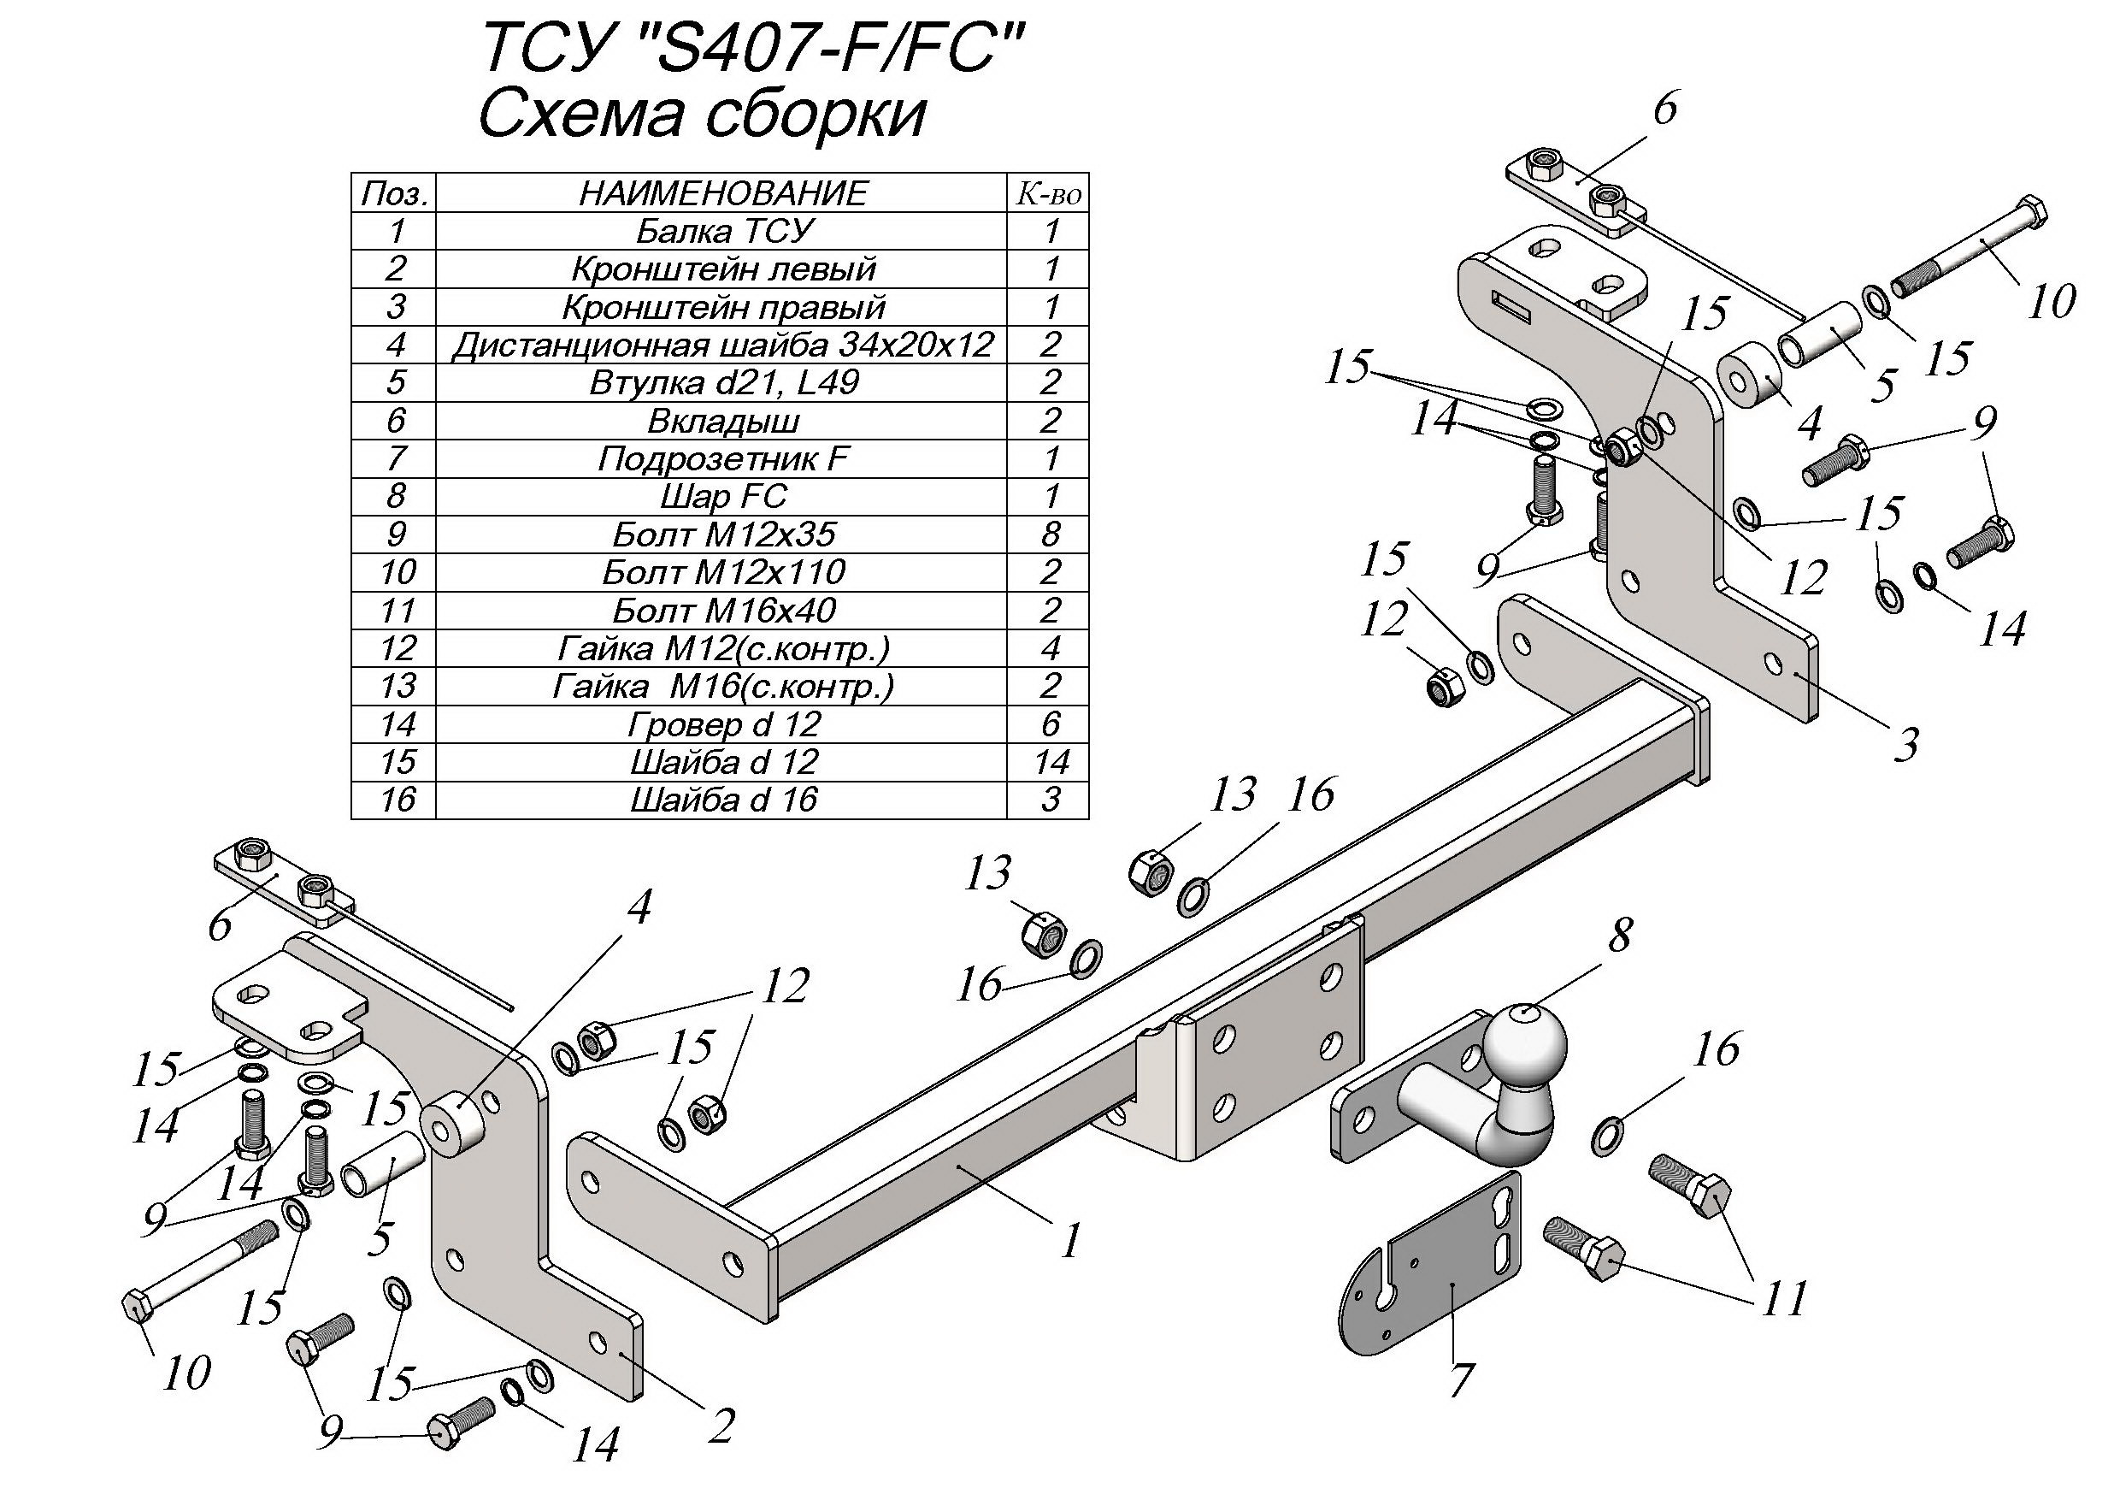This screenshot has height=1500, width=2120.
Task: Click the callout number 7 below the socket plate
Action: pyautogui.click(x=1459, y=1381)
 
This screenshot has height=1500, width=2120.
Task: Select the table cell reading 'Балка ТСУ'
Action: pyautogui.click(x=724, y=231)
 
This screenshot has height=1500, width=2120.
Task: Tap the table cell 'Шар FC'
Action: pyautogui.click(x=724, y=496)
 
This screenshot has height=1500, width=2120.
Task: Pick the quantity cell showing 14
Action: pyautogui.click(x=1051, y=762)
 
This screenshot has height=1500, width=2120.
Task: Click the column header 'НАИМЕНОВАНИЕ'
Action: pyautogui.click(x=724, y=193)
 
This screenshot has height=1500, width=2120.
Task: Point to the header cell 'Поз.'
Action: pyautogui.click(x=395, y=193)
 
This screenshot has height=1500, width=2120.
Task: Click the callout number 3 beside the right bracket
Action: pyautogui.click(x=1904, y=743)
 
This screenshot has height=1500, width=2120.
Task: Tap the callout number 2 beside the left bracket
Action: pyautogui.click(x=721, y=1427)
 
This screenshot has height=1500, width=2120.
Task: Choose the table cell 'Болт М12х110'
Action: pyautogui.click(x=724, y=573)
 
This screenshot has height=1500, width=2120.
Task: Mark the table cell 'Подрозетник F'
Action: pyautogui.click(x=724, y=458)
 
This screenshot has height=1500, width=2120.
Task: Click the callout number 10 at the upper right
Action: pyautogui.click(x=2052, y=300)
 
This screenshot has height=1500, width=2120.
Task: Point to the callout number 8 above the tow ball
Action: pyautogui.click(x=1620, y=935)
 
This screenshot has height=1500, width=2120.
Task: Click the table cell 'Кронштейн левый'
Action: pyautogui.click(x=724, y=269)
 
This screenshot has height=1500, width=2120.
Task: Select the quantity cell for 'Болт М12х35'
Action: pyautogui.click(x=1051, y=534)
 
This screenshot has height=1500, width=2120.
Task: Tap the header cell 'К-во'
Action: pyautogui.click(x=1049, y=193)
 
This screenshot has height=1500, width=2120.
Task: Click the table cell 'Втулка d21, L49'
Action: pyautogui.click(x=724, y=382)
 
